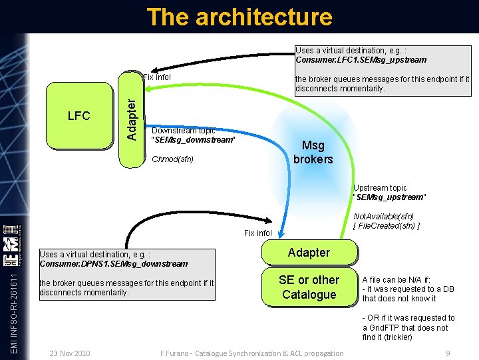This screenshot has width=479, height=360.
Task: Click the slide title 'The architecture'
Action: click(x=239, y=17)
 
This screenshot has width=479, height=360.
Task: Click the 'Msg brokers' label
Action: click(x=313, y=152)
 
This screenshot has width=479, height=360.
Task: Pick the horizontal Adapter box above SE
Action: click(x=308, y=253)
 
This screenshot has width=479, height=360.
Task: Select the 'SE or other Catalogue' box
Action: click(x=309, y=287)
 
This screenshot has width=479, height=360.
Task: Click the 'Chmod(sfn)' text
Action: click(x=172, y=159)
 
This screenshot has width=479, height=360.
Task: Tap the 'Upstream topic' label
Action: click(x=380, y=188)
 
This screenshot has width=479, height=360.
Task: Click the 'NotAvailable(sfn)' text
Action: click(x=384, y=217)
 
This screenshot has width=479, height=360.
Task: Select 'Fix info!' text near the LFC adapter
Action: click(x=157, y=77)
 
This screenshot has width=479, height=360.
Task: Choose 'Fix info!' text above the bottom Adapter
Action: click(x=258, y=233)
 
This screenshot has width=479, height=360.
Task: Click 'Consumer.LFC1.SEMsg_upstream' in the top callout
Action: click(x=361, y=60)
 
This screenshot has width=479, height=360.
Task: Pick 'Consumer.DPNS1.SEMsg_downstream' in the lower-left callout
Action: click(x=114, y=264)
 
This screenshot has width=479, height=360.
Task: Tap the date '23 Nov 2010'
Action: click(x=70, y=353)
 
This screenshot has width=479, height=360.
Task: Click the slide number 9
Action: click(x=448, y=353)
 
